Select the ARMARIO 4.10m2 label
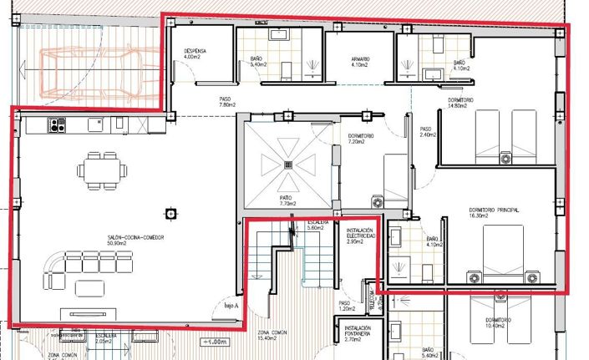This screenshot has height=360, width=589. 360,61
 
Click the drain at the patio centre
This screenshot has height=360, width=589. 288,165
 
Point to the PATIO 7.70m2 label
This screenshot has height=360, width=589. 288,200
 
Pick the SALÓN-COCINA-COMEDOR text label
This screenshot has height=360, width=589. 135,241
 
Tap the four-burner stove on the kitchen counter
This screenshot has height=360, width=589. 58,126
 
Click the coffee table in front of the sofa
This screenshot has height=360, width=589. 89,289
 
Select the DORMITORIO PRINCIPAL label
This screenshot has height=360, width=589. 495,211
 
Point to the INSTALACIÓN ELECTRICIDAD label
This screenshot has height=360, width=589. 360,235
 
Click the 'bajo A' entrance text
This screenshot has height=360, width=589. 231,307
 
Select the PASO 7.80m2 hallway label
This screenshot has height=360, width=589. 225,102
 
